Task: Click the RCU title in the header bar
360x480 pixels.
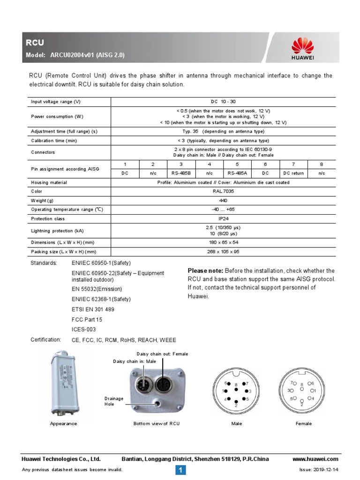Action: [35, 43]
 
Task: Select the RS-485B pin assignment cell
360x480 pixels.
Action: [181, 173]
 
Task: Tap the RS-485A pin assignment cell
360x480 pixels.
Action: [237, 173]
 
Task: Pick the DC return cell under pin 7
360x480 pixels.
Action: [293, 173]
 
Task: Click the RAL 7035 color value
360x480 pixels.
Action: [223, 191]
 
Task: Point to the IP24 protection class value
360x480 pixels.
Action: [223, 218]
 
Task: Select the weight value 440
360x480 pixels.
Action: [223, 200]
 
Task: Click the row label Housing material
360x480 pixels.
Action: [49, 182]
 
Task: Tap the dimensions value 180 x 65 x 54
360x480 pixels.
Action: [223, 242]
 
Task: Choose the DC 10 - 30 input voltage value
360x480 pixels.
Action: [223, 101]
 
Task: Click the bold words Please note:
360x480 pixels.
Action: [205, 271]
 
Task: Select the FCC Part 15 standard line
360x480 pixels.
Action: [87, 319]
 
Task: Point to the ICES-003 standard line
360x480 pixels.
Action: [83, 330]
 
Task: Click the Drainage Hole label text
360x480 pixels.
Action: [114, 401]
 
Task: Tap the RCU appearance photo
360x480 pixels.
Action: [63, 383]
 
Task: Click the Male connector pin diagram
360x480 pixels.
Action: [236, 390]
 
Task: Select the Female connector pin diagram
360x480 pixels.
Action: [303, 390]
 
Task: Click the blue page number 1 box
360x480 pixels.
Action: [181, 470]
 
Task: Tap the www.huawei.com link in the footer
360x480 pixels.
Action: [315, 459]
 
